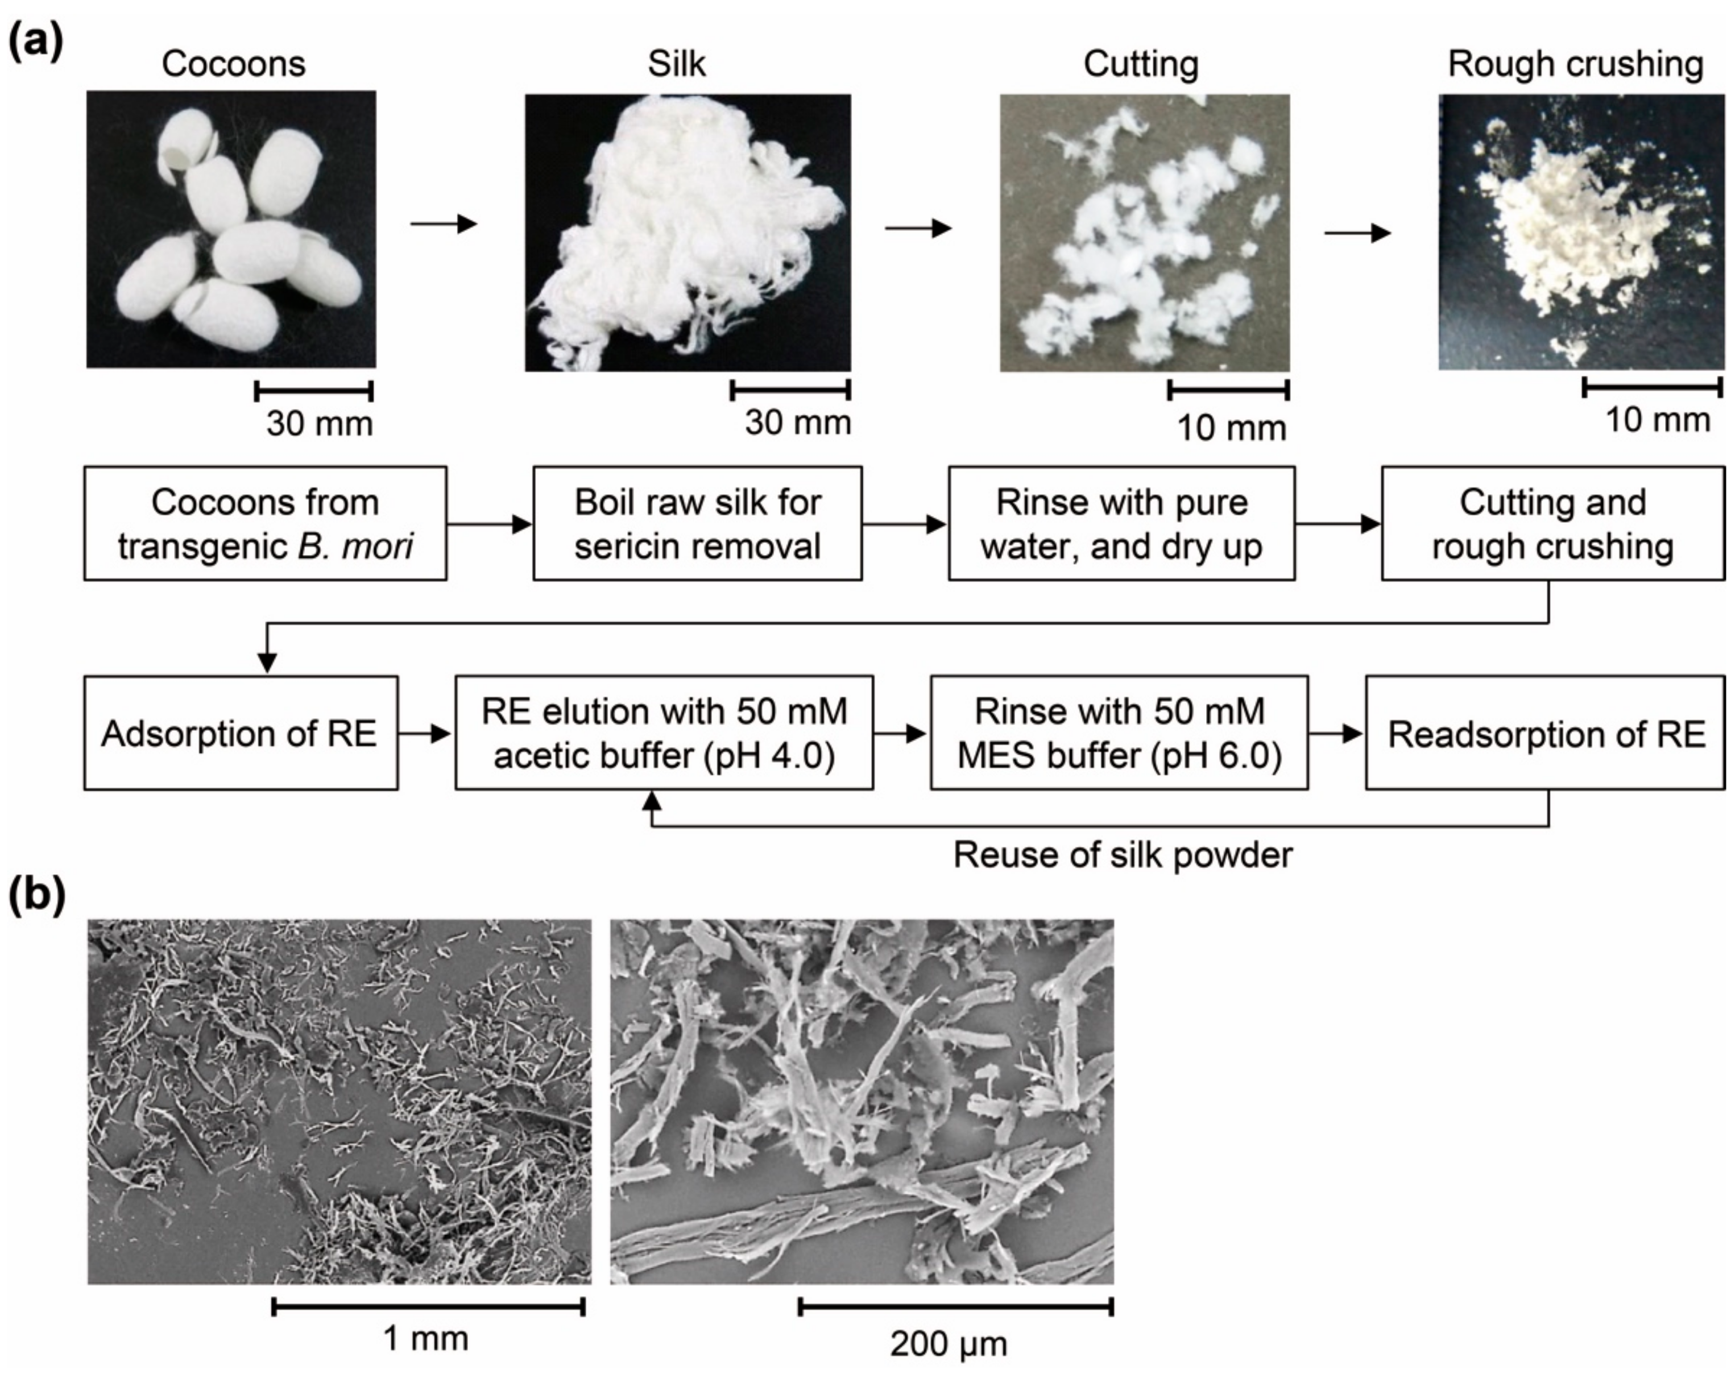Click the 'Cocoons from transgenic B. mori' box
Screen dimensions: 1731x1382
tap(265, 524)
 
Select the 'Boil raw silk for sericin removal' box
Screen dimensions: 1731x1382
tap(697, 524)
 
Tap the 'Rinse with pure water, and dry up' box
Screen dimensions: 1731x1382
tap(1121, 524)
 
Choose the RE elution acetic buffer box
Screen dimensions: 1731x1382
tap(664, 733)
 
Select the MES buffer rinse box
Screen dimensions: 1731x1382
tap(1119, 733)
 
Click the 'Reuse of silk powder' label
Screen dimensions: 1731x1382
tap(1123, 855)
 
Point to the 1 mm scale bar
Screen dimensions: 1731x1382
tap(429, 1306)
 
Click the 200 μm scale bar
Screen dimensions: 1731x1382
tap(955, 1306)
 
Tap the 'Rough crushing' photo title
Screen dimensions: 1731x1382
tap(1575, 64)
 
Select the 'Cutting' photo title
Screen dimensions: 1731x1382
tap(1140, 64)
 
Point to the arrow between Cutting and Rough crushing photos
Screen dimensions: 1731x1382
tap(1357, 234)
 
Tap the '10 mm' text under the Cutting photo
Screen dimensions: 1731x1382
tap(1231, 428)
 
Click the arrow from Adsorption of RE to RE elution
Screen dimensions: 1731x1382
tap(425, 733)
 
